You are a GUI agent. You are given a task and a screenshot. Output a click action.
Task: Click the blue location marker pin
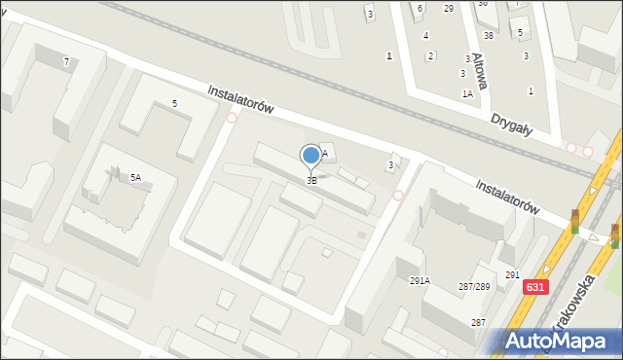(311, 156)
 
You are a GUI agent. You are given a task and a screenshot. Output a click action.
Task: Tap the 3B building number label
(311, 180)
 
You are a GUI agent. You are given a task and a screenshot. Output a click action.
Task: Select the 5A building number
(135, 177)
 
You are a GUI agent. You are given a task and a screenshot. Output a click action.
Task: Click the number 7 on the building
(66, 62)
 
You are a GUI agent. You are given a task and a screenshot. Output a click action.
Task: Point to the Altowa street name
(478, 70)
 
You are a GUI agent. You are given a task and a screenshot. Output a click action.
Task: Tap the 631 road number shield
(533, 287)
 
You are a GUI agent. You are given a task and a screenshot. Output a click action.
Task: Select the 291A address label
(420, 280)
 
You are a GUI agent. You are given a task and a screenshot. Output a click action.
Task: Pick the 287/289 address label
(473, 286)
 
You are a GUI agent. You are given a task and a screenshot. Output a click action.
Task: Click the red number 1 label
(389, 55)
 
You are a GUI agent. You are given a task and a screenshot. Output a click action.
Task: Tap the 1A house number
(467, 94)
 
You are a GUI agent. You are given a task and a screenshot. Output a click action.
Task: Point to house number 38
(489, 36)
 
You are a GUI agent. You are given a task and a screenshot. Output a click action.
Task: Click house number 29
(448, 9)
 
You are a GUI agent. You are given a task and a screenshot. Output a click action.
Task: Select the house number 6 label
(420, 9)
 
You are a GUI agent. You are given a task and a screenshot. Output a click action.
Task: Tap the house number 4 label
(425, 36)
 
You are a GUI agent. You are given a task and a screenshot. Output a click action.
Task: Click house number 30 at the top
(482, 4)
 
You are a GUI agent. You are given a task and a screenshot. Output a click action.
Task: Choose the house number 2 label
(430, 55)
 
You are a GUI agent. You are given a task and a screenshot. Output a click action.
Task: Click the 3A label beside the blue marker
(326, 153)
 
